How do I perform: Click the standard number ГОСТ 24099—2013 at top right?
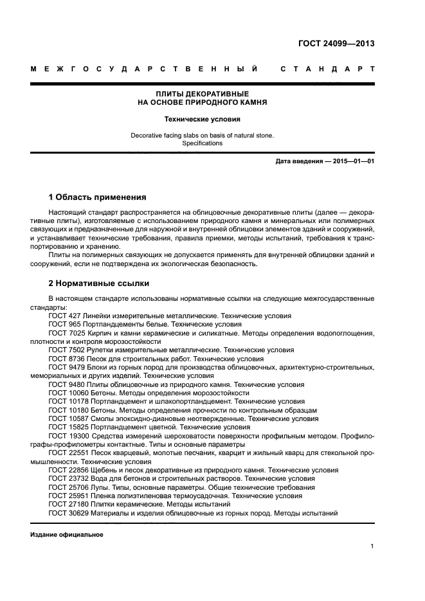(x=336, y=44)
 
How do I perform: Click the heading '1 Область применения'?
(x=98, y=197)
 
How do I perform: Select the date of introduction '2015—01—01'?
(x=352, y=161)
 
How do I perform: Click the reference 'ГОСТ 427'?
(x=64, y=316)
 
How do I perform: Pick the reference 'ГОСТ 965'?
(x=64, y=325)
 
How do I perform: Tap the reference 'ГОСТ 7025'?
(x=66, y=333)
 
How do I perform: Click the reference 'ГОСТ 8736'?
(x=66, y=358)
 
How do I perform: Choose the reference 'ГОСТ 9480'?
(x=66, y=384)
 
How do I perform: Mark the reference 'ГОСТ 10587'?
(x=68, y=418)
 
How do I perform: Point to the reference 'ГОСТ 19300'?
(x=68, y=435)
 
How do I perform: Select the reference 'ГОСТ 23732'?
(x=68, y=479)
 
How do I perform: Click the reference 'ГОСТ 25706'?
(x=68, y=487)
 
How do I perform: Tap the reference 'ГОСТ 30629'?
(x=68, y=513)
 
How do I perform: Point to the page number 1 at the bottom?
(x=372, y=546)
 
